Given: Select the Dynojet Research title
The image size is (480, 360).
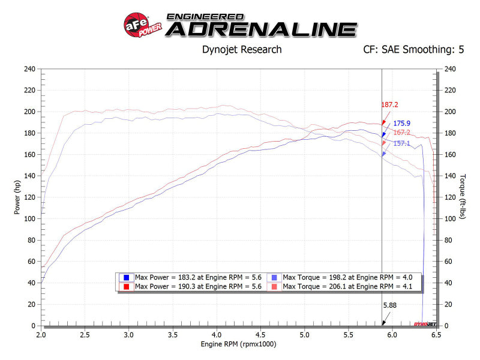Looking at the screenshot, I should (x=242, y=50).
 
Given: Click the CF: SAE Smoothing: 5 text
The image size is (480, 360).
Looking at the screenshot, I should (x=413, y=50).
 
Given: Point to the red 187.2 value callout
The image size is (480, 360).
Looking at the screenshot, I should (x=390, y=104).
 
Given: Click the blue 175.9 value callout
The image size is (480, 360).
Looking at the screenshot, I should (x=403, y=124).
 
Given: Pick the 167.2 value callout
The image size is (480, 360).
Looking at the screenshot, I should (x=402, y=133).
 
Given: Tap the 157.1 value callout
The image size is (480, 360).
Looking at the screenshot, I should (x=402, y=143).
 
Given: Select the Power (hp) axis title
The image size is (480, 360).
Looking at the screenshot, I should (x=18, y=197).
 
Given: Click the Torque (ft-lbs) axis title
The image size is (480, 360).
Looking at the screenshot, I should (x=463, y=197).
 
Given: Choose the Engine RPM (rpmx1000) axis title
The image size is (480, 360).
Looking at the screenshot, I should (x=238, y=344).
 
